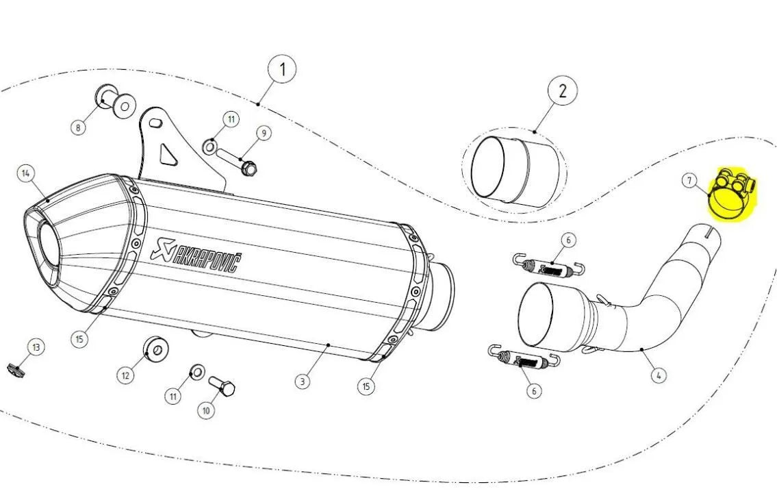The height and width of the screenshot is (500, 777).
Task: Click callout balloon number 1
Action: (x=281, y=69)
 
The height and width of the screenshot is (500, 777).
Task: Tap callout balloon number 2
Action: (x=562, y=91)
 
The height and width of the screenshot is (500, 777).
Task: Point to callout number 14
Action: (x=26, y=173)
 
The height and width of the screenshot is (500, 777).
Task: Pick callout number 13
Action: (x=36, y=348)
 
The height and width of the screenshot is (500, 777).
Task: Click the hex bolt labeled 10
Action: (x=223, y=388)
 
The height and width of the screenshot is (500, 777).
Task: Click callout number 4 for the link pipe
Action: (x=658, y=375)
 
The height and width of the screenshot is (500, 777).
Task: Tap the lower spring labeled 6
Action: (x=525, y=358)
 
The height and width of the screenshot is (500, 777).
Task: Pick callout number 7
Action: (x=689, y=181)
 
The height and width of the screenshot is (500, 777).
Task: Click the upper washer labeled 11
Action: (x=210, y=145)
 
